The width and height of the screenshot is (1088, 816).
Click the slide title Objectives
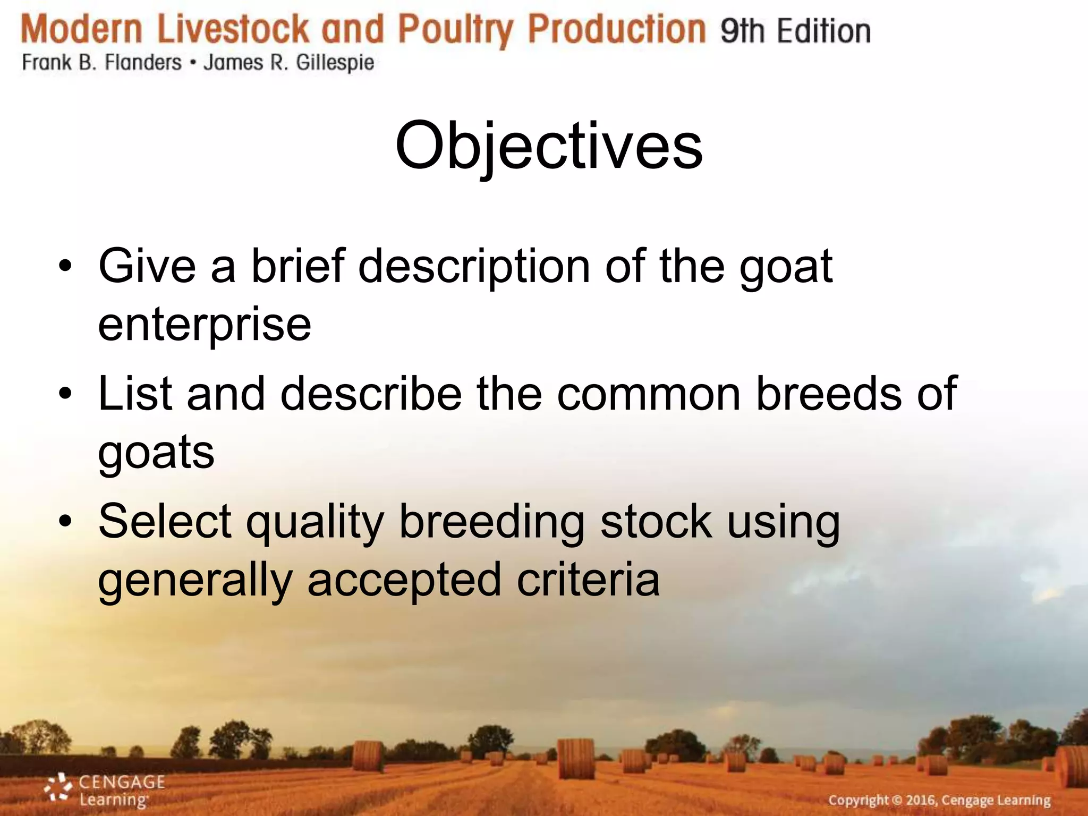549,146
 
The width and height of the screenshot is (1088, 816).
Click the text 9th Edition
795,31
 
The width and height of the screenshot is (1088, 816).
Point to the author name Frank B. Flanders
101,63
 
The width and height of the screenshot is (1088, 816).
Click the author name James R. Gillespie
289,63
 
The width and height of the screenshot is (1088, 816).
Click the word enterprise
205,325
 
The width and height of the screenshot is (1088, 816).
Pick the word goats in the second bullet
156,452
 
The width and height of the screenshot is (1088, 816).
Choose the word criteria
588,580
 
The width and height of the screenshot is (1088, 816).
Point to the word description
474,267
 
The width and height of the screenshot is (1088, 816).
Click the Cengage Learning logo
104,790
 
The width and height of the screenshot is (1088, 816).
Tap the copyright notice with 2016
939,800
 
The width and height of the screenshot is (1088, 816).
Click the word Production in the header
617,29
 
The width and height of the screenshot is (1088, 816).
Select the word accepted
404,581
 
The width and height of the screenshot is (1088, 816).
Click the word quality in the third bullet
315,522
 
